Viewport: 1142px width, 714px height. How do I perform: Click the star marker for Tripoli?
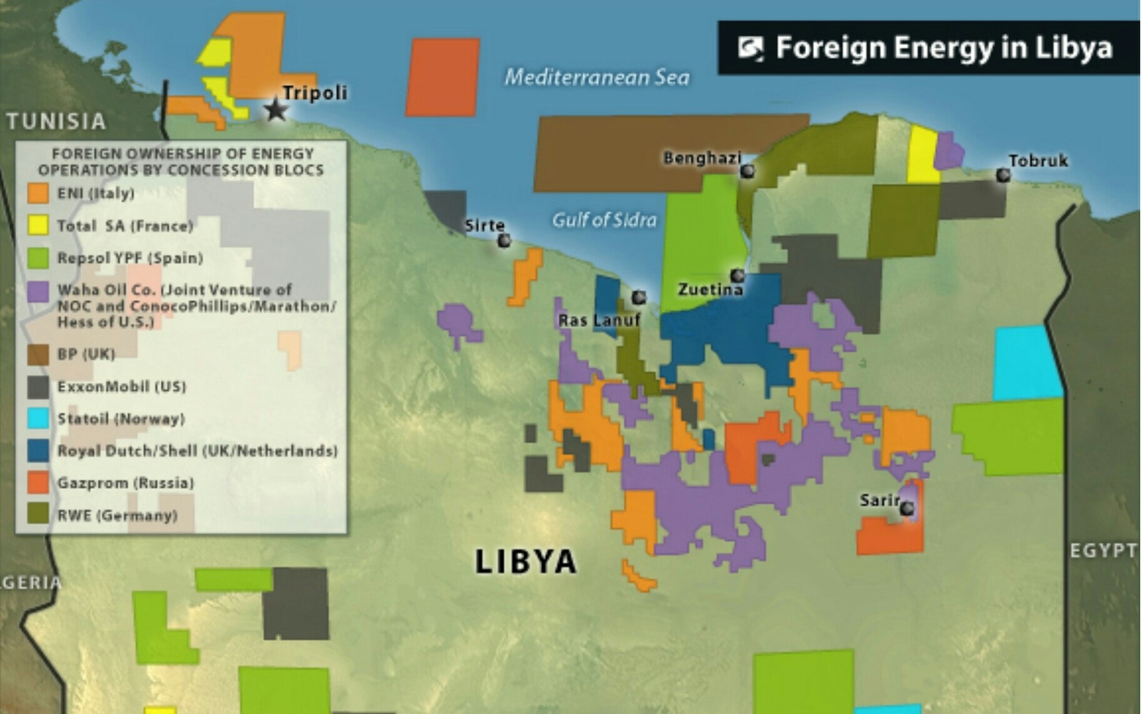pos(276,110)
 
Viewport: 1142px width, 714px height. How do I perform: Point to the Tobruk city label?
pos(1038,161)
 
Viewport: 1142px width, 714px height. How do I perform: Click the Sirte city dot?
pos(504,239)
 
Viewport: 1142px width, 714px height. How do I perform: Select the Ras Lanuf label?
pos(598,321)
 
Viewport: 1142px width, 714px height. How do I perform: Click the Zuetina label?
pos(710,290)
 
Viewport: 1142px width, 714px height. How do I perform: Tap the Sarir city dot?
pos(906,509)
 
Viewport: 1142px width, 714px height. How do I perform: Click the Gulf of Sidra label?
pos(604,220)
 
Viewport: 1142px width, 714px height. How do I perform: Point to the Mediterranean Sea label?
pos(597,78)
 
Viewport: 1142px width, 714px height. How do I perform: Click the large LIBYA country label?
pos(525,561)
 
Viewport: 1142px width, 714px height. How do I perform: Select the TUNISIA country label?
pos(56,121)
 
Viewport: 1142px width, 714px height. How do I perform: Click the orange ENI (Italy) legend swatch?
pos(38,193)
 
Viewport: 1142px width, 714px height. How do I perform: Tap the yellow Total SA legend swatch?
pos(38,226)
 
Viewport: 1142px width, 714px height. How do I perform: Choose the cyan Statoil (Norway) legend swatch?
pos(38,418)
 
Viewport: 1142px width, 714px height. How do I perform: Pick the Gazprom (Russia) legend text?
pos(126,483)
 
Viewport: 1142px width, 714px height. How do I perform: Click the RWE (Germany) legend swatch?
pos(38,515)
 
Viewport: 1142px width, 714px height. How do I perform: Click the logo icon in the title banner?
pos(750,48)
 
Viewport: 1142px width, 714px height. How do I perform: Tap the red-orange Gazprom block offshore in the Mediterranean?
pos(442,78)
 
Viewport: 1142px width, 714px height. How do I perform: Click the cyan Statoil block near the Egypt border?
pos(1026,363)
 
